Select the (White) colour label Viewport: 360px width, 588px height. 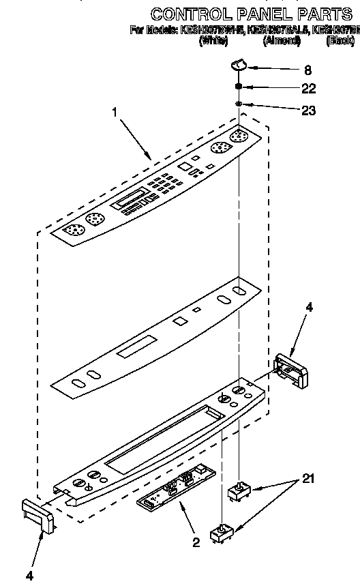click(x=213, y=41)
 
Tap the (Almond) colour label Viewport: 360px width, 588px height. click(x=282, y=41)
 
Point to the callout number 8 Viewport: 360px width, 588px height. click(x=307, y=69)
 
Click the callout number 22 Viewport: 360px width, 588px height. click(x=309, y=89)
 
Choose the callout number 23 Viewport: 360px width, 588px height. click(x=309, y=109)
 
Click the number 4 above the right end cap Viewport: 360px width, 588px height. click(x=309, y=307)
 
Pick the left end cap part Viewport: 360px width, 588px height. click(x=39, y=514)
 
